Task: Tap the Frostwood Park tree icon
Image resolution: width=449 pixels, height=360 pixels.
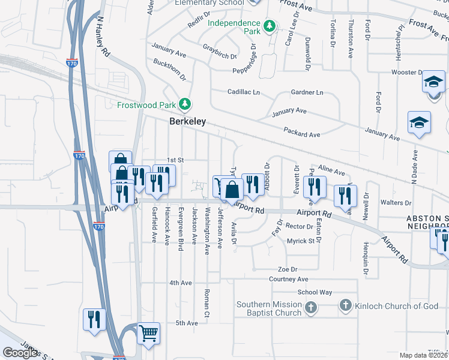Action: point(186,104)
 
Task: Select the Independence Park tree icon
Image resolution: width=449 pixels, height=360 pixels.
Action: point(271,26)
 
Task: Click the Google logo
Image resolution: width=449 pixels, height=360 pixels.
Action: point(20,353)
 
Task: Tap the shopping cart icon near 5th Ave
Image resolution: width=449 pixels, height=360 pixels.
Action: point(148,332)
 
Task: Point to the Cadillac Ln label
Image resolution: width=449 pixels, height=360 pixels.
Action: point(243,92)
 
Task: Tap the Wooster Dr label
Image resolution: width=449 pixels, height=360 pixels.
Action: point(406,73)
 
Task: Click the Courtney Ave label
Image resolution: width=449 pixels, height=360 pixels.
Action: point(288,279)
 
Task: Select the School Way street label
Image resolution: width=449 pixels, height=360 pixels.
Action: point(315,292)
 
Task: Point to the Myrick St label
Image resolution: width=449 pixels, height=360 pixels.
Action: point(300,241)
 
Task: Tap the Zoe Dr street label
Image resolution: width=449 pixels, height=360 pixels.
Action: point(288,269)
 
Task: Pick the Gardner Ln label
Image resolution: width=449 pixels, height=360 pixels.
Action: point(307,92)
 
